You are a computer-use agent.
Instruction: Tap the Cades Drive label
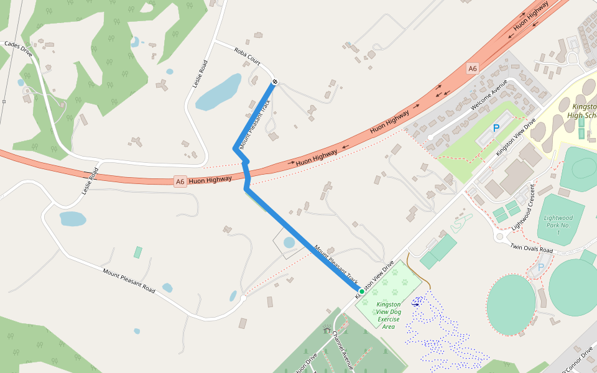(18, 47)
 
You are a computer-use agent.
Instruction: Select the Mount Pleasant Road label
(129, 280)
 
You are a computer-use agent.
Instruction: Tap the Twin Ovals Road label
(532, 248)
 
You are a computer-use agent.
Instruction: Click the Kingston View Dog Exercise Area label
(389, 315)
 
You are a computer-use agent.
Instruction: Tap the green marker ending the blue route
(361, 291)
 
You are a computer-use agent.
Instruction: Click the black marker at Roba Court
(274, 83)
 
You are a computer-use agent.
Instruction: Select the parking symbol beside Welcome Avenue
(496, 128)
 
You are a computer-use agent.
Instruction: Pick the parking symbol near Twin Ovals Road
(540, 267)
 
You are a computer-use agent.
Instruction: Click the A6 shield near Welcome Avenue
(473, 68)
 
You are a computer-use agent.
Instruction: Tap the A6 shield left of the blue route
(180, 182)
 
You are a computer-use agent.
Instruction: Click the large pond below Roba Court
(218, 92)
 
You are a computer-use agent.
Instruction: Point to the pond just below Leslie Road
(72, 219)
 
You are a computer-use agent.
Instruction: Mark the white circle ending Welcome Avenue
(430, 137)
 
